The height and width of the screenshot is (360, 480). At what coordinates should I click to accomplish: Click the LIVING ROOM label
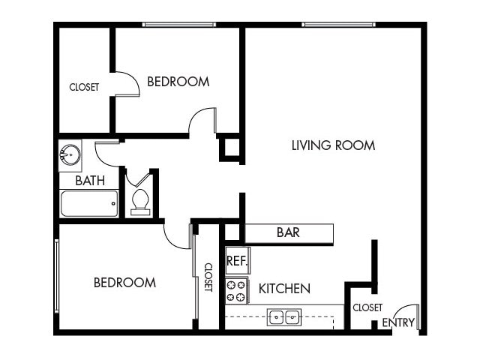(x=333, y=145)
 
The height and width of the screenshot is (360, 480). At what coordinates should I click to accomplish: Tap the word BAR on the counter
(x=288, y=232)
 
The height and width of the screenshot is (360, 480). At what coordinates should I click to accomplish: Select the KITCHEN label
(x=284, y=288)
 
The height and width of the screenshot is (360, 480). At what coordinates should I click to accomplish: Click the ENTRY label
(x=397, y=322)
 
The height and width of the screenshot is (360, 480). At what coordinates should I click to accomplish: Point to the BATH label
(x=89, y=181)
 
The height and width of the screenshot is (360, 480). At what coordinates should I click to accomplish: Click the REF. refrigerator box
(x=237, y=261)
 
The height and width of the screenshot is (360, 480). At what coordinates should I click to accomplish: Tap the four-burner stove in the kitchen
(x=237, y=291)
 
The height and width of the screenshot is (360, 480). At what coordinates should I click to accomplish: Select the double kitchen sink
(x=284, y=317)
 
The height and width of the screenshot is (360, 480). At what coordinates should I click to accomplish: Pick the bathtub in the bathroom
(x=88, y=203)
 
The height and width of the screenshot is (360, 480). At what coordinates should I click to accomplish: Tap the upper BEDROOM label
(x=178, y=82)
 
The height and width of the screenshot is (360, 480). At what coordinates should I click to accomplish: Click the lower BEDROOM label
(x=124, y=283)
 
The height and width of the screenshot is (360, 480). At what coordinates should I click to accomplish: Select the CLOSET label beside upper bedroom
(x=84, y=87)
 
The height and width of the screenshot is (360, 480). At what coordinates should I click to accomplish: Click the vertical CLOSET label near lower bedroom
(x=208, y=277)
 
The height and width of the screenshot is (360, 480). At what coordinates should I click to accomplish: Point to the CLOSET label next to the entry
(x=367, y=307)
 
